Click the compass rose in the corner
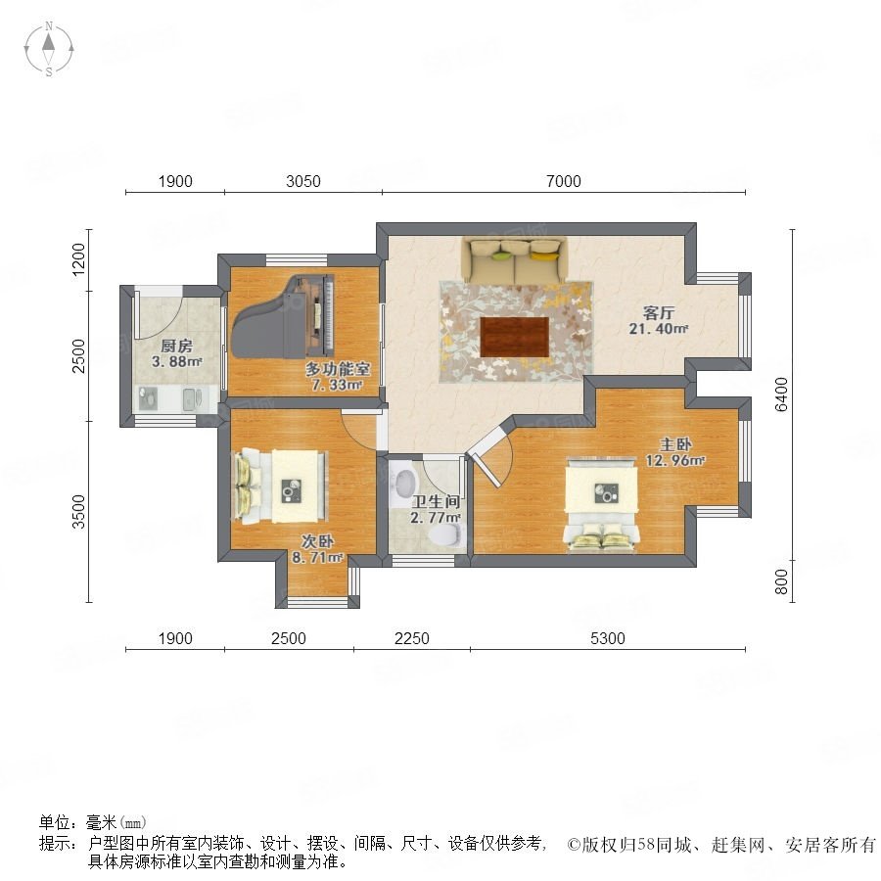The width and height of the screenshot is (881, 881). coord(49,49)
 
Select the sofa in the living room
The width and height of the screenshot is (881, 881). coord(514,260)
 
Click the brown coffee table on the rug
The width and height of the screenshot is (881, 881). coord(515,337)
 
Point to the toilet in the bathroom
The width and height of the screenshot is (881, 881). coord(443,533)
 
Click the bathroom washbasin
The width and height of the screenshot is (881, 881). coord(404,482)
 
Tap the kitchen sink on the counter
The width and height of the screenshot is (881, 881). coord(191,398)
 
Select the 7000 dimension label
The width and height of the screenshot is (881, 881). coord(564,181)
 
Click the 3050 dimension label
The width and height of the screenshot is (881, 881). coord(303,181)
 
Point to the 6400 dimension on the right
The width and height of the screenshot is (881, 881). coord(781,394)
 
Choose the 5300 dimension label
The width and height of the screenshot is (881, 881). coord(607,638)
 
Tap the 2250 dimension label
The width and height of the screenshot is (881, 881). coord(412,638)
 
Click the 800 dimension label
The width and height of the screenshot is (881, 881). coord(781,581)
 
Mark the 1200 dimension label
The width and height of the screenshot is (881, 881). coord(78,259)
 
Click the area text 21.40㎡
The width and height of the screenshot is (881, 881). coord(659,329)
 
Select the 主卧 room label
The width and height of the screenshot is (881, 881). coord(675,444)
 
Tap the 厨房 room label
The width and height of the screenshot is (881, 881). coord(176,346)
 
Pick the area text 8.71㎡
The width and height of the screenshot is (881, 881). coord(317,557)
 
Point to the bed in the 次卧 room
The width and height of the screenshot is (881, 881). coord(280,487)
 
